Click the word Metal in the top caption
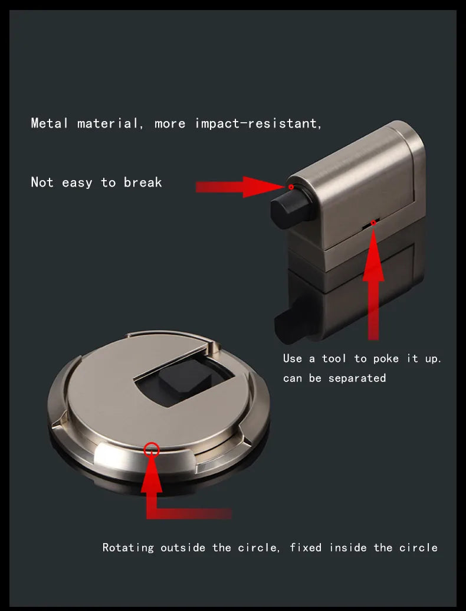pyautogui.click(x=50, y=123)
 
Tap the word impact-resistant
pyautogui.click(x=258, y=123)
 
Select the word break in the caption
pyautogui.click(x=143, y=182)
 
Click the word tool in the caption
pyautogui.click(x=334, y=358)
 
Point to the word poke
pyautogui.click(x=386, y=358)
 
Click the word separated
pyautogui.click(x=357, y=378)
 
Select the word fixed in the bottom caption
pyautogui.click(x=306, y=547)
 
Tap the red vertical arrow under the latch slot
pyautogui.click(x=373, y=283)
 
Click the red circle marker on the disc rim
pyautogui.click(x=152, y=449)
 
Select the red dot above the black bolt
pyautogui.click(x=291, y=187)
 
